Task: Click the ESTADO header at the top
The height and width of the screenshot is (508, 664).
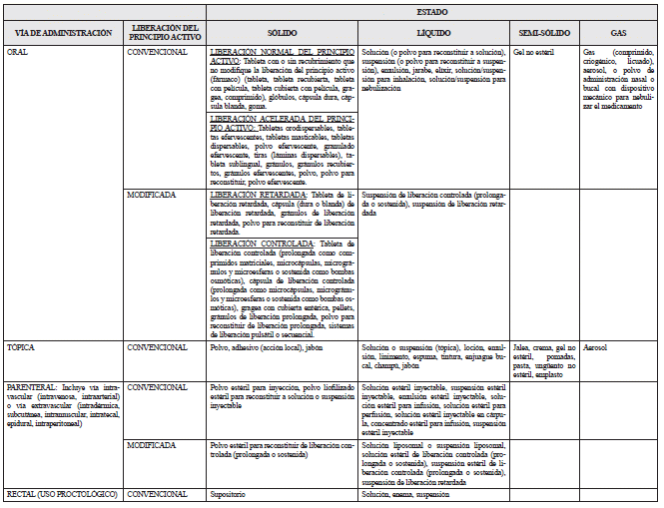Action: pos(430,9)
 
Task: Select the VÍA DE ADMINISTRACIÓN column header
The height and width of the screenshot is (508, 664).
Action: pos(65,33)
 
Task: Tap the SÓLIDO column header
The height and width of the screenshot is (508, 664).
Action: pos(282,33)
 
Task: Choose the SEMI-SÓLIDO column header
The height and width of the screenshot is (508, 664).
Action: pos(544,33)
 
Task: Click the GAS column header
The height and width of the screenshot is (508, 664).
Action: pos(618,33)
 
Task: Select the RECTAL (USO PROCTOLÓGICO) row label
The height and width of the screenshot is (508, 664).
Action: pos(61,494)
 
